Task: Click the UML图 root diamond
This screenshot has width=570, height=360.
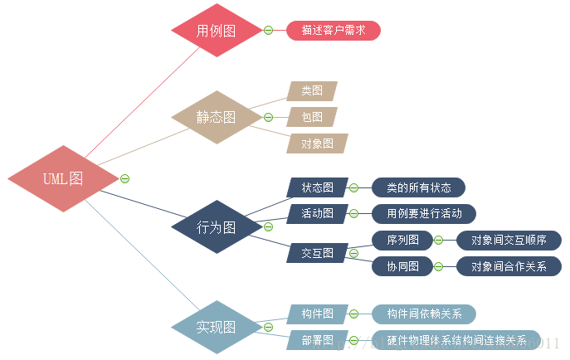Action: (x=63, y=178)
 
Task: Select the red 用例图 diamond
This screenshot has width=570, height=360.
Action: (x=217, y=32)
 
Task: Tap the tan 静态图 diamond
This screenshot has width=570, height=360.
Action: (x=216, y=117)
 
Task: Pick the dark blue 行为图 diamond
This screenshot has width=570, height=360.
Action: (x=217, y=226)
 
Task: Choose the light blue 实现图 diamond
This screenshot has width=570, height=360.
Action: (x=217, y=326)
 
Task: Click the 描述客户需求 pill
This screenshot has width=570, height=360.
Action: (x=334, y=31)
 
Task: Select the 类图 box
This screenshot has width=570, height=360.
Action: (x=312, y=90)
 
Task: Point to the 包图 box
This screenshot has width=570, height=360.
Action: (x=312, y=116)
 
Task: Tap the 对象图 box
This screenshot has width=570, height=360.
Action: (x=317, y=143)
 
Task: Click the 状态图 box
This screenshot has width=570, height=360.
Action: (x=317, y=187)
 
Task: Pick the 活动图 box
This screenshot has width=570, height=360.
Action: (x=317, y=213)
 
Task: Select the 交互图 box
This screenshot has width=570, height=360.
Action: (x=317, y=253)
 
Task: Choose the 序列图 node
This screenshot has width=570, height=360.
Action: (x=402, y=241)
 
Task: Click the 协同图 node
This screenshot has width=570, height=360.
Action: (x=402, y=266)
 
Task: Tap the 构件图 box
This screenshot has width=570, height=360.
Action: (x=317, y=314)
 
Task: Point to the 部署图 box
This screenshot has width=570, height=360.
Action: (x=317, y=340)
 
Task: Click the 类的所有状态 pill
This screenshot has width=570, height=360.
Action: (x=418, y=187)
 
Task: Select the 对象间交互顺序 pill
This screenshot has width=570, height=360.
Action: (x=509, y=241)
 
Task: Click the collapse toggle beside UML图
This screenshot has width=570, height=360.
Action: (x=124, y=178)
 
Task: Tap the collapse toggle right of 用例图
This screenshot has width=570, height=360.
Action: (x=268, y=31)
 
